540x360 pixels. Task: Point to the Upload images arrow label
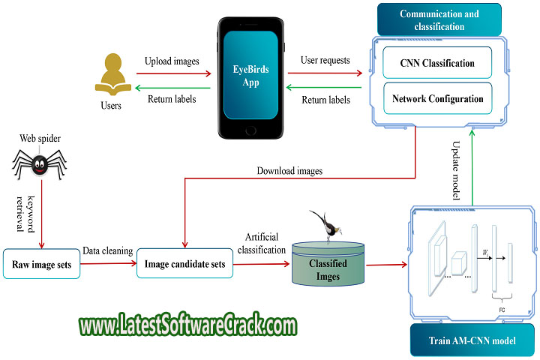coord(172,61)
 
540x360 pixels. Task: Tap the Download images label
coord(289,171)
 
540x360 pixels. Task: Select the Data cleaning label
coord(107,252)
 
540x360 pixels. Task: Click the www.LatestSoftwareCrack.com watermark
coord(187,327)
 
